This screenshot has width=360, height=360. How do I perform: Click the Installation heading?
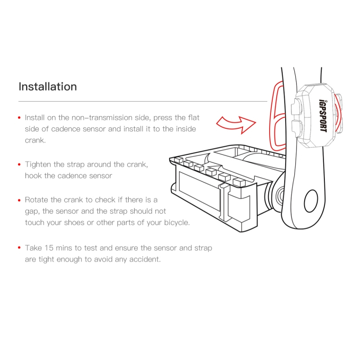[48, 86]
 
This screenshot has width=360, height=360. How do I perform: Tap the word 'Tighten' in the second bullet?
[39, 165]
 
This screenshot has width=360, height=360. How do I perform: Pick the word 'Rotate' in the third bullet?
[37, 200]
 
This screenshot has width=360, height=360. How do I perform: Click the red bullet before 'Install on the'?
[19, 118]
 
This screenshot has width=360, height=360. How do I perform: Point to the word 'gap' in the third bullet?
[32, 211]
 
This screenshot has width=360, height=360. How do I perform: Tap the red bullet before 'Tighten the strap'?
[19, 165]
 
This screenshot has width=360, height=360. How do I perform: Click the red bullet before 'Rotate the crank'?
[19, 200]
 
